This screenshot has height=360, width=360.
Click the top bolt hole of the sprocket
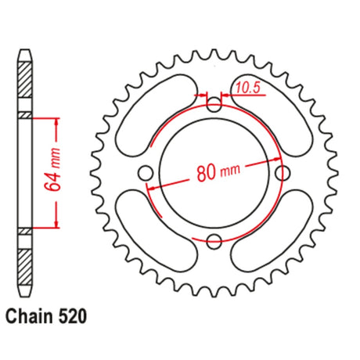click(214, 105)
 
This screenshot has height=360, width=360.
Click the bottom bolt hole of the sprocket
click(214, 241)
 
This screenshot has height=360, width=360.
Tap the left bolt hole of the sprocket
click(146, 173)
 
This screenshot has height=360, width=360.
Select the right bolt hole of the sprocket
click(283, 173)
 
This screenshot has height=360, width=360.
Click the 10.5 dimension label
click(248, 88)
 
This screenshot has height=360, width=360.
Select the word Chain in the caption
click(29, 316)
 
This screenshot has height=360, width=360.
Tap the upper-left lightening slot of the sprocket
click(156, 116)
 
